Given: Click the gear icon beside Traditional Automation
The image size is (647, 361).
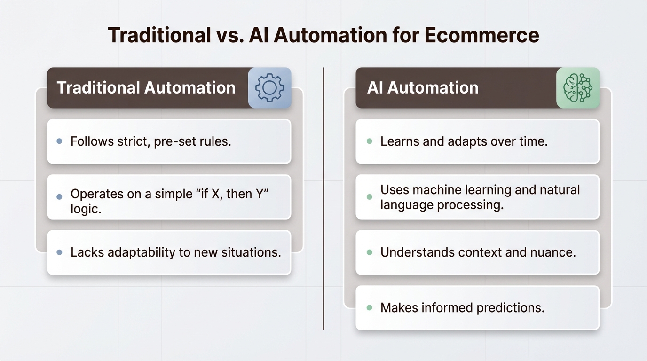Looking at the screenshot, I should coord(269,88).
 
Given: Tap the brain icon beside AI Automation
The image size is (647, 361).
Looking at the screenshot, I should coord(578,88).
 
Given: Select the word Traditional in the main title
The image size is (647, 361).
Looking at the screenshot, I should coord(159,36).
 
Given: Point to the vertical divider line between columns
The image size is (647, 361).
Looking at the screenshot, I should coord(323,197).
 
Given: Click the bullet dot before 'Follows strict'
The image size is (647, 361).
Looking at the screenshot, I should coord(59,141).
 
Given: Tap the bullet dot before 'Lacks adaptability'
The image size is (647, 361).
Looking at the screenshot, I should coord(59,252).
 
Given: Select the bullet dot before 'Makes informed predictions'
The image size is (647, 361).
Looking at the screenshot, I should coord(369,308).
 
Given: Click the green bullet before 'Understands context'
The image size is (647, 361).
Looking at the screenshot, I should coord(369,252).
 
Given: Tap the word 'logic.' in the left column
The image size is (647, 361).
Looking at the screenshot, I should coord(86,209).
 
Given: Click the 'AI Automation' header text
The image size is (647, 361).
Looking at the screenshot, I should coord(423,88).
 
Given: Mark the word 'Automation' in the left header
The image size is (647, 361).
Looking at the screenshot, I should coord(190,88).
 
